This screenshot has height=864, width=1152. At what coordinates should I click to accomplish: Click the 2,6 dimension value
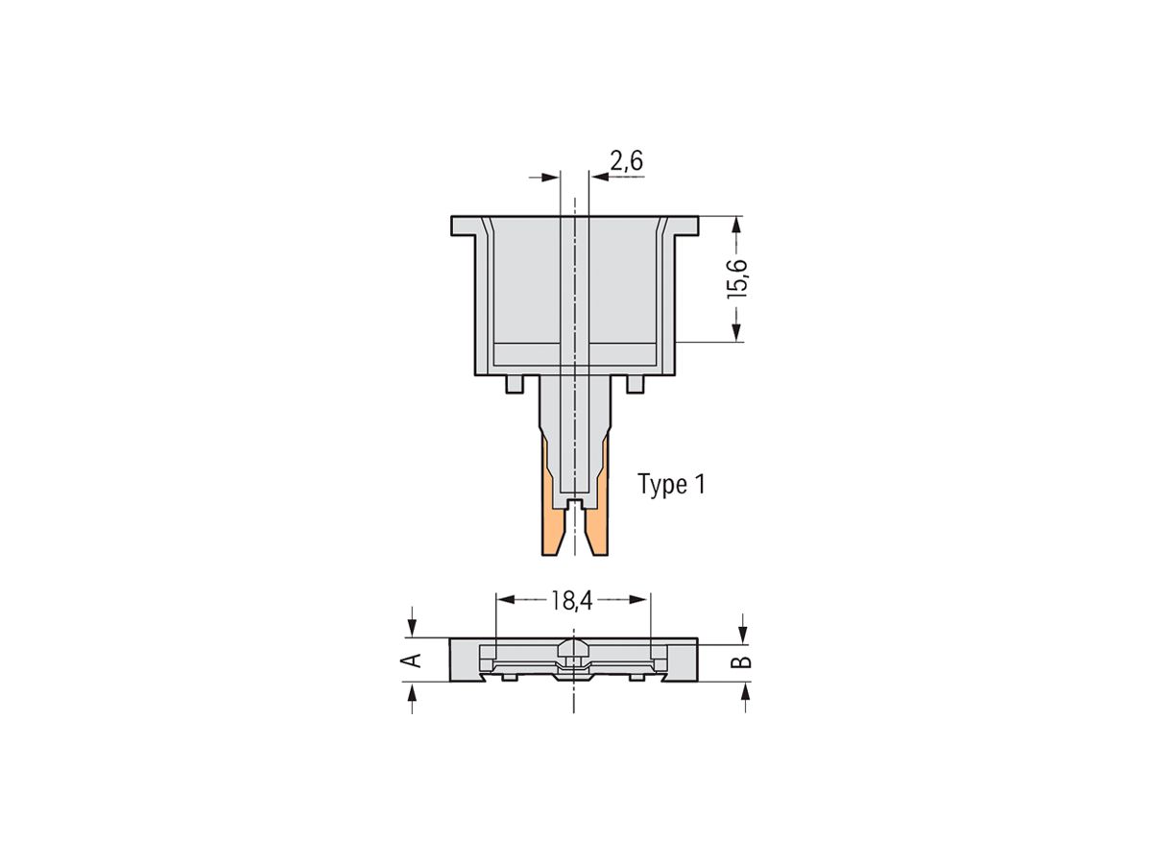pyautogui.click(x=626, y=162)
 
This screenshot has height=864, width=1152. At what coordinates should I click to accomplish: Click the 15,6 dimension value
pyautogui.click(x=737, y=278)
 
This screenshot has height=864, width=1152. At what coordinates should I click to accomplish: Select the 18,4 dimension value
pyautogui.click(x=572, y=601)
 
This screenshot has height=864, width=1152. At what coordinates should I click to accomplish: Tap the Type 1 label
pyautogui.click(x=672, y=485)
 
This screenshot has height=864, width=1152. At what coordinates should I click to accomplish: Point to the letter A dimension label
pyautogui.click(x=411, y=660)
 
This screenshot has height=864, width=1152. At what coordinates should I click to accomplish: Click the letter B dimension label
pyautogui.click(x=743, y=662)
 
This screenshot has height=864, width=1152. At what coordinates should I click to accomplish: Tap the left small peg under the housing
pyautogui.click(x=515, y=384)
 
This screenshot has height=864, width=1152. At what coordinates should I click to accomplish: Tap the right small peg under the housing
pyautogui.click(x=634, y=384)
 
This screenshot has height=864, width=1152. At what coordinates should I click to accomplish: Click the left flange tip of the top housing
pyautogui.click(x=459, y=227)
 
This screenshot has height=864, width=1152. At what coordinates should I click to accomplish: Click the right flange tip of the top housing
pyautogui.click(x=693, y=227)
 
